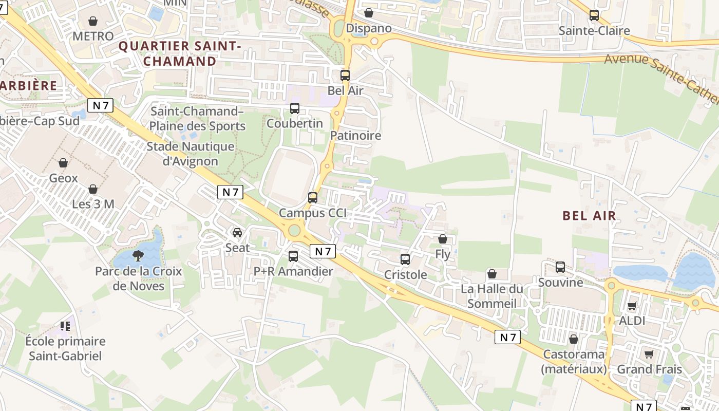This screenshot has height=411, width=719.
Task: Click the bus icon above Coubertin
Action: coord(295,108)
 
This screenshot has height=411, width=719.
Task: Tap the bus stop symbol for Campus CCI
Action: coord(313,197)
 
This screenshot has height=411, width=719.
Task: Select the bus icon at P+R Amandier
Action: coord(293,256)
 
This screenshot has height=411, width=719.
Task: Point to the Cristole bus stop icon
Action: coord(405,259)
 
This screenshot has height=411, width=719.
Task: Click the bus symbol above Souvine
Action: coord(560,267)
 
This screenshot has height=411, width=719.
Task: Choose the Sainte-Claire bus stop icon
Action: coord(594,15)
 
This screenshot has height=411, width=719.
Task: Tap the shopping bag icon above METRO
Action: coord(93,21)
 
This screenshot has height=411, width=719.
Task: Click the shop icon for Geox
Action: coord(63,163)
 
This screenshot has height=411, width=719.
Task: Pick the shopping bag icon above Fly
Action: coord(443,239)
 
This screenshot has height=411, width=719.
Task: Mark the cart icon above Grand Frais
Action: coord(649,354)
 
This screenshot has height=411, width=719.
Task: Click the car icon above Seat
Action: coord(237,233)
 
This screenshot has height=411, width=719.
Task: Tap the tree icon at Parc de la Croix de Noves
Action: coord(138,255)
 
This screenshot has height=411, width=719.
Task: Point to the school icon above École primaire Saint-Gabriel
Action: coord(65,326)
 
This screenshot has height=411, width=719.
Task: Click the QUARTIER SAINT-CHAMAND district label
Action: coord(180,53)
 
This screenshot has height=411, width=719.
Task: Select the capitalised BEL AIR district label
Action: coord(589,216)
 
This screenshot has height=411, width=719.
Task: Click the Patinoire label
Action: coord(356,136)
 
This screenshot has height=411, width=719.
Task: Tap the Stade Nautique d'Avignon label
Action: coord(191,154)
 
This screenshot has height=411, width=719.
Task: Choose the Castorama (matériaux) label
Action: coord(574,362)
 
